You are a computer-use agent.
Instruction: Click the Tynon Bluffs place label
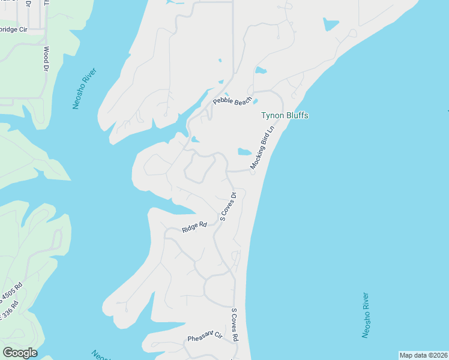[285, 116]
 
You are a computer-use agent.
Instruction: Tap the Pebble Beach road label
[231, 101]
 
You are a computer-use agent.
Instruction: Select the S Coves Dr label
[229, 206]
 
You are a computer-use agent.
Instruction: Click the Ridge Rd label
[194, 227]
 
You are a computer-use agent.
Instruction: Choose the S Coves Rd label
[235, 325]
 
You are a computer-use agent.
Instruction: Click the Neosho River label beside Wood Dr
[84, 88]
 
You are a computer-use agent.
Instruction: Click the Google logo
[20, 353]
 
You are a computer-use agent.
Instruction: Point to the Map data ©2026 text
[423, 355]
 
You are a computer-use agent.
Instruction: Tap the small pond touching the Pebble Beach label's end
[255, 101]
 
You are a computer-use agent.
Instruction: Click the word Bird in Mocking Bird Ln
[264, 146]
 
